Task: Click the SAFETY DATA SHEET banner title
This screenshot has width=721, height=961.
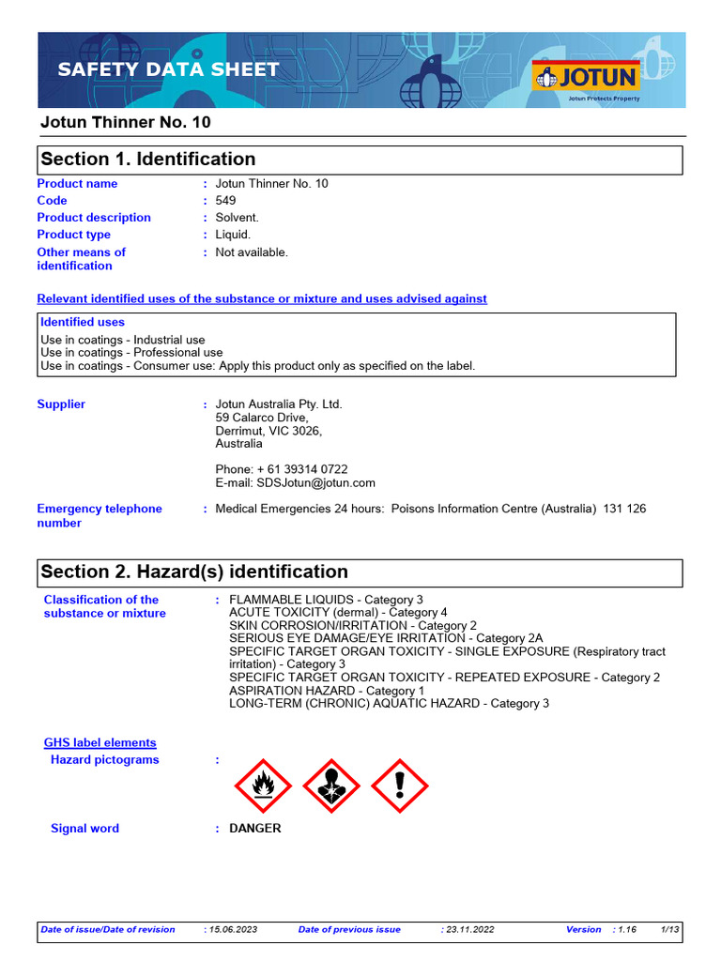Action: pyautogui.click(x=168, y=69)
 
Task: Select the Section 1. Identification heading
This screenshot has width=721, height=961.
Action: pyautogui.click(x=148, y=159)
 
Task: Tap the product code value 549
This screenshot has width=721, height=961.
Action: pyautogui.click(x=225, y=201)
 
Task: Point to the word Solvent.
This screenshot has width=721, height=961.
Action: pyautogui.click(x=237, y=218)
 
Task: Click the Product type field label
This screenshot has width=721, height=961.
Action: pyautogui.click(x=73, y=235)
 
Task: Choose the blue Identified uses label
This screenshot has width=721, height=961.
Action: pyautogui.click(x=83, y=322)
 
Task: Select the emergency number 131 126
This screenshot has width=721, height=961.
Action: pyautogui.click(x=624, y=509)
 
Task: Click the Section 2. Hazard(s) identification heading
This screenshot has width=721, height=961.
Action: pyautogui.click(x=194, y=572)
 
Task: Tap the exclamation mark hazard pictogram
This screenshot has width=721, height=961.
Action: pyautogui.click(x=400, y=786)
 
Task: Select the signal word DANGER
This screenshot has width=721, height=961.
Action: pyautogui.click(x=254, y=829)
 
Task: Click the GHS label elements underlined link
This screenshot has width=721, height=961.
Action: pyautogui.click(x=100, y=742)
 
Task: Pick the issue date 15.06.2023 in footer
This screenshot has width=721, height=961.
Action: pyautogui.click(x=230, y=930)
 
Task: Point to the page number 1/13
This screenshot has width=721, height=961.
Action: pyautogui.click(x=670, y=930)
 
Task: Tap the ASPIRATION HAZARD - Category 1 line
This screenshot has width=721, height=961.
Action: pyautogui.click(x=327, y=691)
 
